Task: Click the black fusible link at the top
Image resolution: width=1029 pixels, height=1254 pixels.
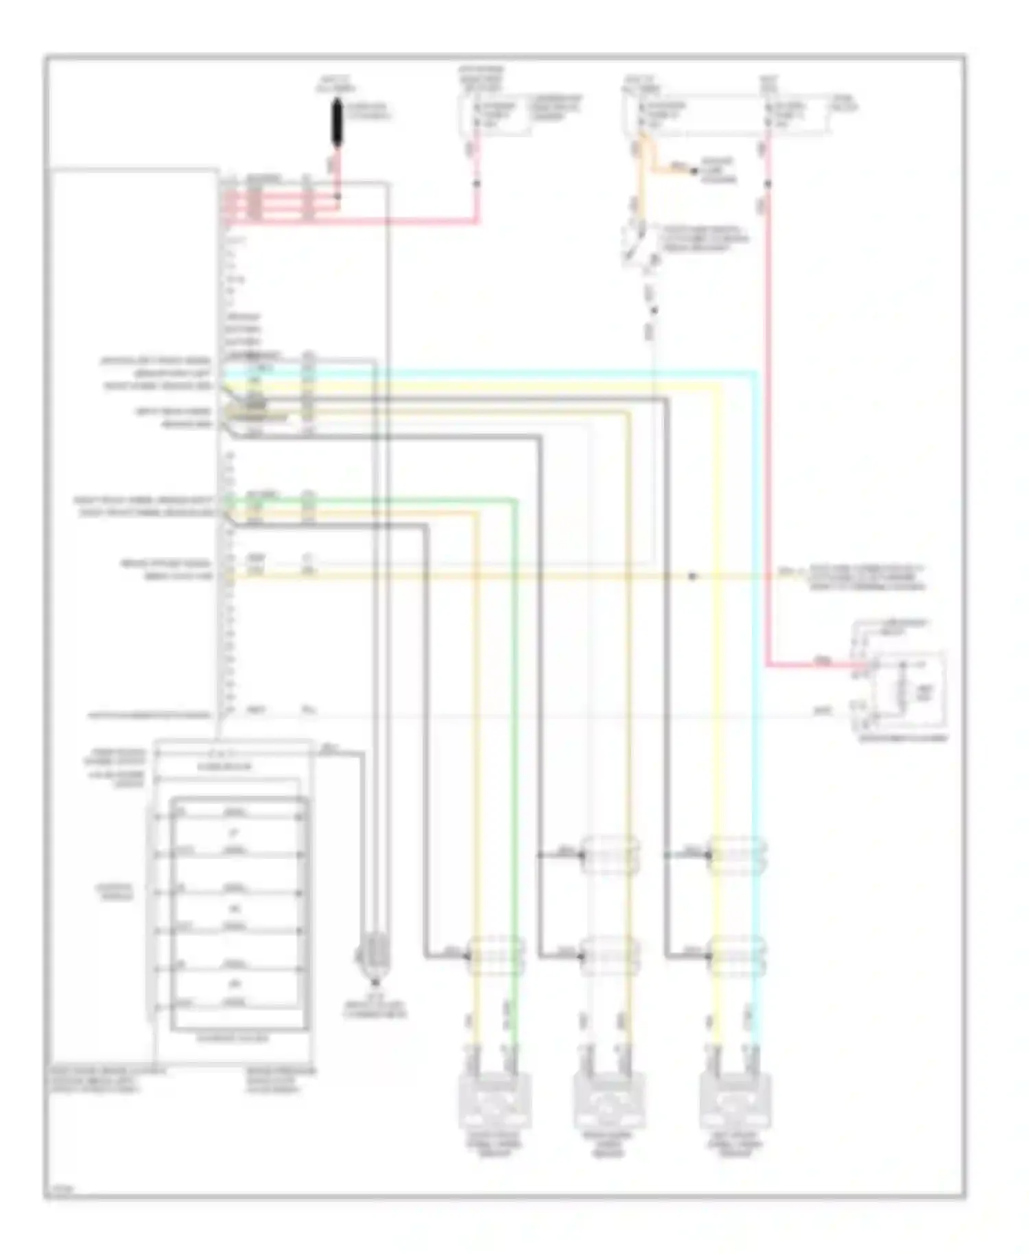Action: (337, 123)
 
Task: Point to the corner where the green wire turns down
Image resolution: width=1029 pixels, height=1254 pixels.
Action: (514, 501)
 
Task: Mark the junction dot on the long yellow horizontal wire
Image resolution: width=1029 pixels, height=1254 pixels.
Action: (692, 576)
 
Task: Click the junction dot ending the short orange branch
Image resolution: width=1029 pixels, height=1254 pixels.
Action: (694, 170)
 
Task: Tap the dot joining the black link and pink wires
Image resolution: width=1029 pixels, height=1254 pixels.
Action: (337, 197)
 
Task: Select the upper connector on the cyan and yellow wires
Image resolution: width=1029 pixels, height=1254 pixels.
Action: (735, 855)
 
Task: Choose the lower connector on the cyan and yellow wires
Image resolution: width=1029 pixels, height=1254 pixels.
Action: (735, 955)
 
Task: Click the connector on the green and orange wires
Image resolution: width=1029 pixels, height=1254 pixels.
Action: (495, 955)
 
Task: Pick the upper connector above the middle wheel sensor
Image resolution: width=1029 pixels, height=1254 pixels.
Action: (609, 855)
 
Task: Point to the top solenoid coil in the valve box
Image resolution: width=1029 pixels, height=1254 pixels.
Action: (235, 815)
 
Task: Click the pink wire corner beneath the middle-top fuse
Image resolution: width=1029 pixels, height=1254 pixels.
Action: (476, 221)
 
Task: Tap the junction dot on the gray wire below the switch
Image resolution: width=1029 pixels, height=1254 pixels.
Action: (654, 311)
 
